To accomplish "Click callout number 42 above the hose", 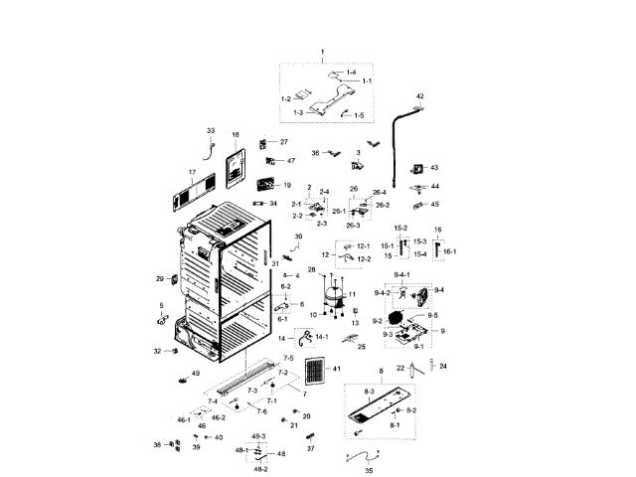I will click(419, 96).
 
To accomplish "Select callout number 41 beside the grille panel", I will click(337, 370).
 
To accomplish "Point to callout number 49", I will click(196, 374).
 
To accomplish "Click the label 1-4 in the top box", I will click(350, 74).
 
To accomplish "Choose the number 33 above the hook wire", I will click(211, 131).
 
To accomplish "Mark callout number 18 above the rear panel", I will click(236, 134).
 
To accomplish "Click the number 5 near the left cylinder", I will click(162, 305).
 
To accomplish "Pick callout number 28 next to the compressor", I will click(311, 270).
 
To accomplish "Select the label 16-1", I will click(448, 251).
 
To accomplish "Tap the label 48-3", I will click(259, 436).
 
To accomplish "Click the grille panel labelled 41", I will click(315, 374).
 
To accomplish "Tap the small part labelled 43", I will click(417, 168).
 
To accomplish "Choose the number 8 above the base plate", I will click(380, 371).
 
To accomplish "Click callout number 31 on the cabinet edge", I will click(275, 262).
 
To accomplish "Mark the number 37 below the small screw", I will click(310, 448).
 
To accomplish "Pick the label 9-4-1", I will click(401, 273).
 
